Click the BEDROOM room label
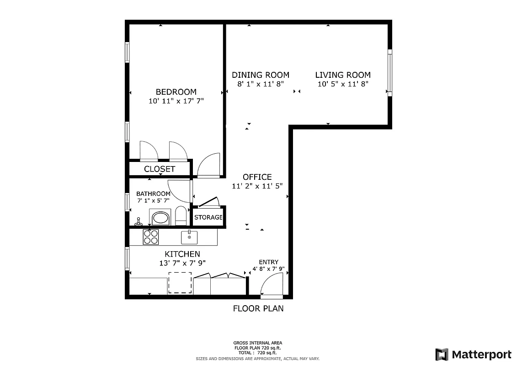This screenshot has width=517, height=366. click(176, 92)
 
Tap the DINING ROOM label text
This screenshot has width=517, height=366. click(260, 75)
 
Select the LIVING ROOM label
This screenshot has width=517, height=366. click(343, 75)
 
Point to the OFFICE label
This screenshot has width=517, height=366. click(257, 177)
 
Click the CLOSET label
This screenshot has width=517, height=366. click(160, 169)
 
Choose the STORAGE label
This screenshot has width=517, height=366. click(208, 217)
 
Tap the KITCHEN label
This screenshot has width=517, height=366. click(182, 254)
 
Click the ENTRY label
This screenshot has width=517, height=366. click(268, 262)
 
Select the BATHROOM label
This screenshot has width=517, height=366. click(153, 194)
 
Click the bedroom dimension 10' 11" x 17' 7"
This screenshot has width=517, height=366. click(176, 101)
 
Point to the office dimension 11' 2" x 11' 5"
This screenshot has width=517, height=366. click(257, 186)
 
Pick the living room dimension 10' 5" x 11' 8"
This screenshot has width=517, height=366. click(343, 84)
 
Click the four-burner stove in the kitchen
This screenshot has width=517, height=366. click(151, 237)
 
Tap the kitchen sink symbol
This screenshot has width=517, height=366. click(189, 237)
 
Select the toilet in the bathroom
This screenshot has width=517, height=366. click(181, 215)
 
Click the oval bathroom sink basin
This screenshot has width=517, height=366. click(160, 217)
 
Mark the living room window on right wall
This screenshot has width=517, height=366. click(389, 72)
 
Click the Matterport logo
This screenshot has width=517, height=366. click(473, 354)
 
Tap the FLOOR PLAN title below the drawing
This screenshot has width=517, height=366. click(258, 308)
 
